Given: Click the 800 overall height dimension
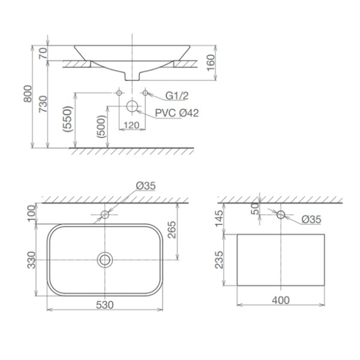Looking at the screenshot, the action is [x=28, y=94].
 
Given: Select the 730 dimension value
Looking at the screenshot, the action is [x=43, y=104].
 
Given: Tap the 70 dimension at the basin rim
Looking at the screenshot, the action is [x=43, y=53].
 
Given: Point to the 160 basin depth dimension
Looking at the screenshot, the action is [x=210, y=63].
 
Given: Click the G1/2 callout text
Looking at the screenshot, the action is [x=177, y=96].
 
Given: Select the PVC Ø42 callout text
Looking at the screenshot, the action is [x=177, y=113].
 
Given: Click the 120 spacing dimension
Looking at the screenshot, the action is [x=132, y=125].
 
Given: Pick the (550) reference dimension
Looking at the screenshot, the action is [x=68, y=119].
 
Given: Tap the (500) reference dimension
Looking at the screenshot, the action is [x=101, y=126].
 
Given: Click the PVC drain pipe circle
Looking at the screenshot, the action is [x=132, y=106].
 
